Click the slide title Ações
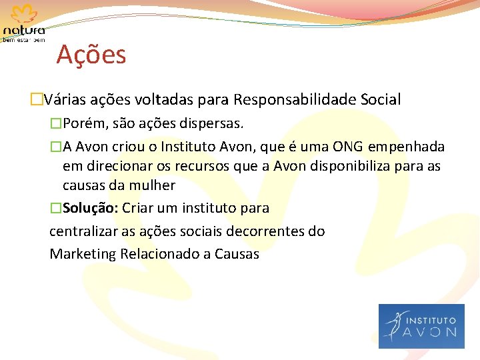tap(91, 55)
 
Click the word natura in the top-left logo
tap(24, 31)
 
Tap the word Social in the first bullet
tap(380, 100)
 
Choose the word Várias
tap(67, 100)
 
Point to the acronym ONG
tap(348, 147)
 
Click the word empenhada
tap(407, 147)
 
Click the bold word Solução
tap(90, 208)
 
